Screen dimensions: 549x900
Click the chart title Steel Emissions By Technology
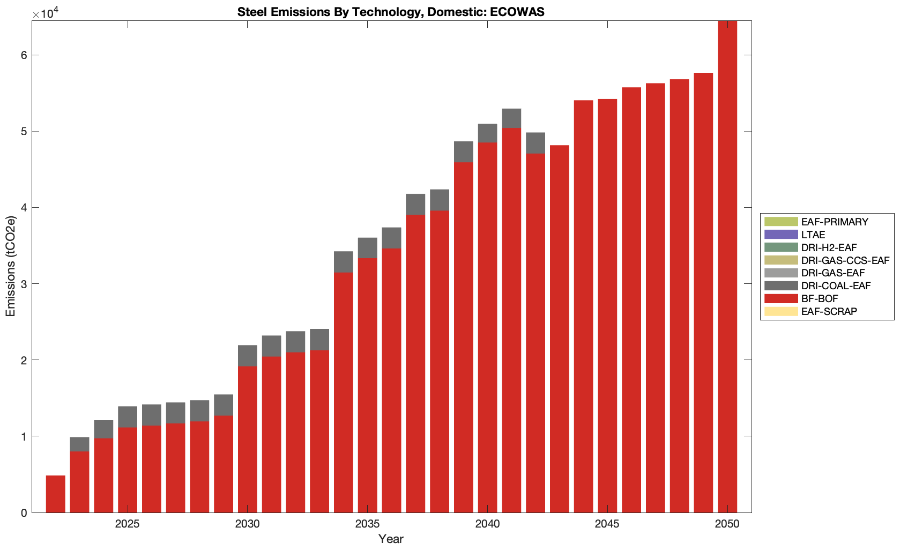(x=391, y=12)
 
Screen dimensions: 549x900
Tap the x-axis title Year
(x=391, y=539)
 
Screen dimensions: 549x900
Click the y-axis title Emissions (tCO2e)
(x=11, y=266)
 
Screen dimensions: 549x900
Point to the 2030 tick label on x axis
(x=247, y=524)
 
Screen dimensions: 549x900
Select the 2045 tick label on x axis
(x=607, y=524)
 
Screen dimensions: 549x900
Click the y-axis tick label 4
(x=23, y=208)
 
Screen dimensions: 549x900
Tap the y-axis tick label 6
(x=23, y=55)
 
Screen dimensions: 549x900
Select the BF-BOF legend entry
(x=820, y=299)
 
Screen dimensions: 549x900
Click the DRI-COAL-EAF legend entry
(x=836, y=286)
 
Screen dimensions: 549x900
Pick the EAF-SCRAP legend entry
(x=829, y=312)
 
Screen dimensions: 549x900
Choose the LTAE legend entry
(x=813, y=235)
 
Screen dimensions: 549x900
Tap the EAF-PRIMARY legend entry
(x=835, y=222)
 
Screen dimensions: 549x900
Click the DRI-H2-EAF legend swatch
(x=780, y=247)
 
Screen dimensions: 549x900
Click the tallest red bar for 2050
(x=727, y=268)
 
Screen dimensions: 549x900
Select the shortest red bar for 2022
(x=55, y=494)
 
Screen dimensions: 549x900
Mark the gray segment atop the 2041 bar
(x=511, y=119)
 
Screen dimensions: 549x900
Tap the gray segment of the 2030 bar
(x=247, y=356)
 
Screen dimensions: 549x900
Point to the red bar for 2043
(x=559, y=328)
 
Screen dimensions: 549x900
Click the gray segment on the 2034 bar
(x=343, y=262)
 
